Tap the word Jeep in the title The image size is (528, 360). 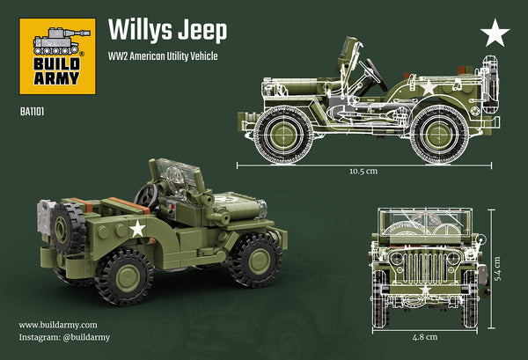point(205,30)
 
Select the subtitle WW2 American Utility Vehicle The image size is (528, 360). point(163,56)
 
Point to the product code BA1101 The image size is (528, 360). point(33,111)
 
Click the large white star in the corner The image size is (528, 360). point(495,35)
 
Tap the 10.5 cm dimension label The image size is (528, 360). point(362,171)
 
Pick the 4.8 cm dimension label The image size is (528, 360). point(425,336)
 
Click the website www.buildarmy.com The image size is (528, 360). point(58,324)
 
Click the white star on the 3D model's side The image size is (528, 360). point(137,229)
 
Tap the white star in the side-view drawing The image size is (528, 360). point(428,88)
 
